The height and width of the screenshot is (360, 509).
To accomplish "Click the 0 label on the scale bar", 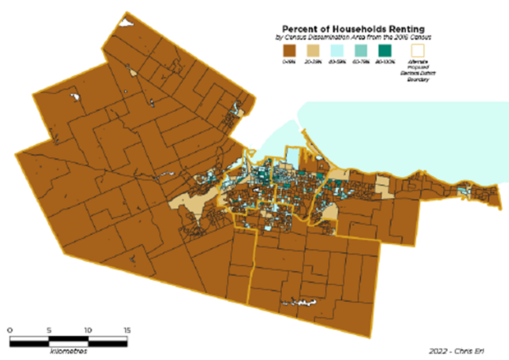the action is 11,330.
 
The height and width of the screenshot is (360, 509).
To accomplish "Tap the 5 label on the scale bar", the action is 49,330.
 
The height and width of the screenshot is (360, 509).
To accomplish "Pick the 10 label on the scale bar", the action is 88,330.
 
